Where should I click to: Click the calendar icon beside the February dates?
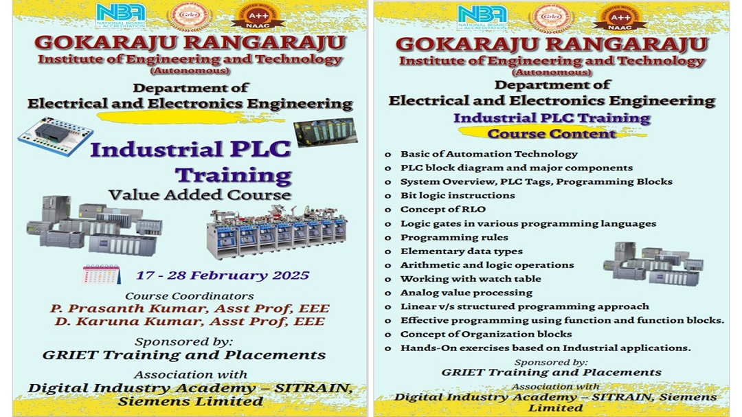click(x=101, y=275)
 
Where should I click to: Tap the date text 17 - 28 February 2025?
click(x=223, y=275)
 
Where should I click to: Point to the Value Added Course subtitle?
click(x=199, y=195)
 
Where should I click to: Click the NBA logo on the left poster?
click(x=120, y=16)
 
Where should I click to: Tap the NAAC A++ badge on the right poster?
click(x=620, y=18)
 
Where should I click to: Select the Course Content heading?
click(x=552, y=134)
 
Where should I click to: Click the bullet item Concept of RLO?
click(x=443, y=210)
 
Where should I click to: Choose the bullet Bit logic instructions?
click(x=458, y=196)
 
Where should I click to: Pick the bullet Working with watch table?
click(x=471, y=279)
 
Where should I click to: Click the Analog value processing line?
click(x=466, y=293)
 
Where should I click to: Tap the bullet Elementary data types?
click(x=462, y=251)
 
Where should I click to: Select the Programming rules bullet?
click(x=454, y=237)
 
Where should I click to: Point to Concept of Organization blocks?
click(x=486, y=334)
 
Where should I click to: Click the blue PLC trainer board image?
click(x=56, y=136)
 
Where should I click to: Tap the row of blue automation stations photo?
click(x=277, y=232)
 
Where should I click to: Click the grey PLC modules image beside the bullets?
click(x=653, y=264)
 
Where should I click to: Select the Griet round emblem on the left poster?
click(x=190, y=16)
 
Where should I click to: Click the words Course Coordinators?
click(x=190, y=296)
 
